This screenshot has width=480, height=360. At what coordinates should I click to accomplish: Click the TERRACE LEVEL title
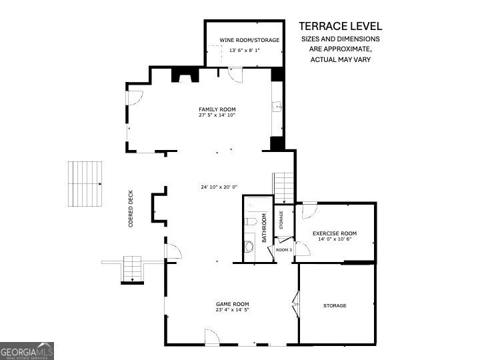click(341, 26)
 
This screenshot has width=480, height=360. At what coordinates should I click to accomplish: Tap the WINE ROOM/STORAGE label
click(249, 40)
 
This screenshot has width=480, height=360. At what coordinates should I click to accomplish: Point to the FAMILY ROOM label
click(217, 109)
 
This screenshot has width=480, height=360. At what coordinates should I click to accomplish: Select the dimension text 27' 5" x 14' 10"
click(217, 115)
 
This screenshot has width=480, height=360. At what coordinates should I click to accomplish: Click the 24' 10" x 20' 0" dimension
click(219, 187)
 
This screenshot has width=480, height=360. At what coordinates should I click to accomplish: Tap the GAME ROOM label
click(233, 304)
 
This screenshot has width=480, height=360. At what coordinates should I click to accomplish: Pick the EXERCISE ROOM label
click(335, 233)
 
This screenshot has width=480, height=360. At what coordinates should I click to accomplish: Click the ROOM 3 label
click(284, 250)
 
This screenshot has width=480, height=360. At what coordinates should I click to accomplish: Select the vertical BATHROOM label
click(264, 228)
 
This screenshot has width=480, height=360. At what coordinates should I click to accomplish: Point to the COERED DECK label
click(131, 209)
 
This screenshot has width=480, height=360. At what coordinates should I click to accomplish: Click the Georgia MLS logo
click(27, 351)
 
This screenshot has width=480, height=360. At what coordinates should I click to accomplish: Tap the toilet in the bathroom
click(251, 221)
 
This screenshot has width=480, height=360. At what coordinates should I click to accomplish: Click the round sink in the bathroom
click(249, 247)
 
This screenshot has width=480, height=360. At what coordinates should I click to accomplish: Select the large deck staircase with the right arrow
click(85, 184)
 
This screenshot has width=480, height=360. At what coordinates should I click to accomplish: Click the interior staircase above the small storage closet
click(283, 188)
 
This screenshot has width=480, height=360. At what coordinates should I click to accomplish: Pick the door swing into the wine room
click(235, 75)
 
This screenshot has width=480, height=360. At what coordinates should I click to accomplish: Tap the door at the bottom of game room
click(212, 337)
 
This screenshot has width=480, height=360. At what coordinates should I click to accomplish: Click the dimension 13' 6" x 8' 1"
click(245, 50)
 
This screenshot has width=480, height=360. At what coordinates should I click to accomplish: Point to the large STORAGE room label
click(335, 305)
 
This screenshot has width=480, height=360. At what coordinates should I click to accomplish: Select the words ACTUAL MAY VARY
click(341, 59)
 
